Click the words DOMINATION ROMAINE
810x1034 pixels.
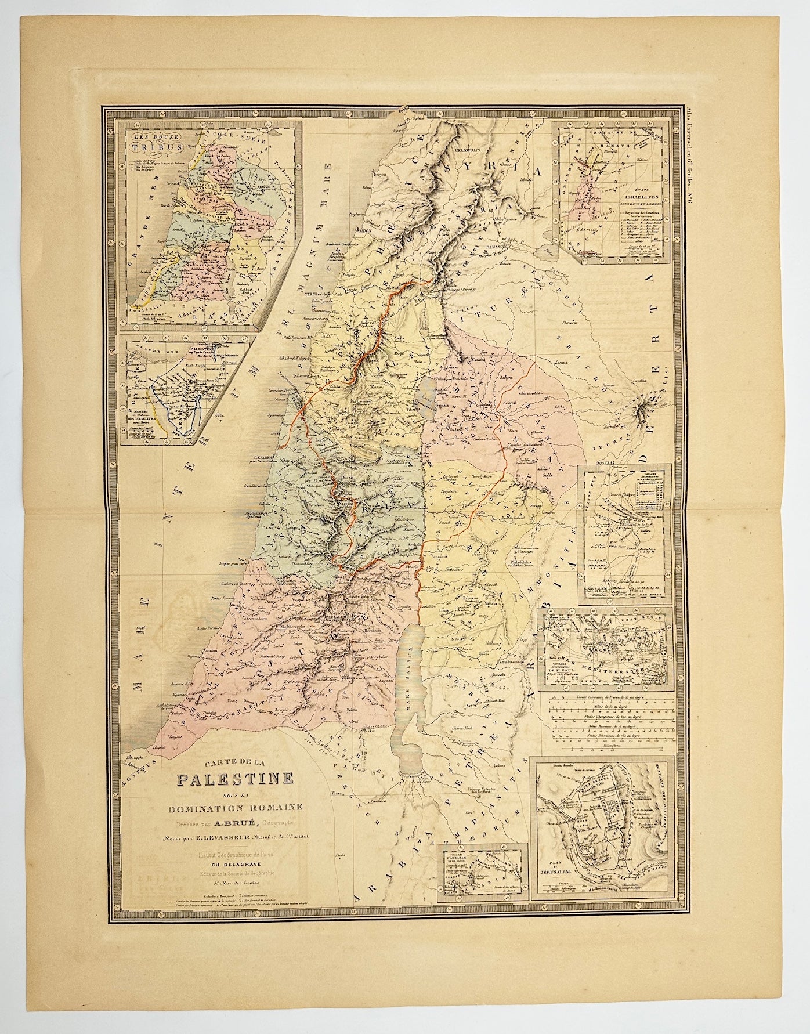coord(227,805)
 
